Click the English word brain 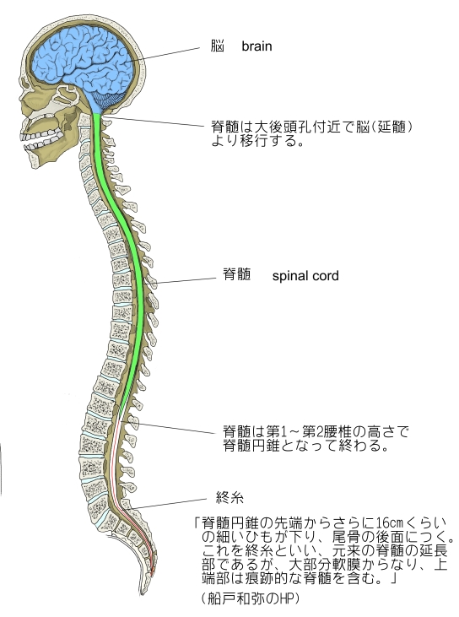click(x=256, y=46)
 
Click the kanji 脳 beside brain click(x=217, y=46)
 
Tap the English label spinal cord click(x=305, y=275)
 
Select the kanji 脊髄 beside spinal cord click(x=237, y=274)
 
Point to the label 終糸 click(x=229, y=498)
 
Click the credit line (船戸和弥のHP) click(x=250, y=598)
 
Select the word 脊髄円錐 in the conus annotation click(x=251, y=446)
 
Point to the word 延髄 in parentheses click(x=391, y=127)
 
